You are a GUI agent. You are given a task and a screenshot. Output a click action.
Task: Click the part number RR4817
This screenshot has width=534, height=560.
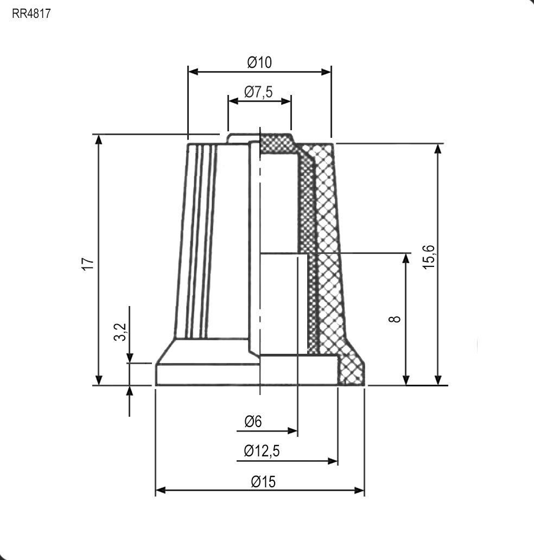[31, 14]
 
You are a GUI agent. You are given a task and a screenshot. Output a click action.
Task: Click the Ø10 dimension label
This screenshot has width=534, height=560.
[260, 62]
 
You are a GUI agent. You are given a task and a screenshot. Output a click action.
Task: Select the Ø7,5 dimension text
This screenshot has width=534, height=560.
[258, 92]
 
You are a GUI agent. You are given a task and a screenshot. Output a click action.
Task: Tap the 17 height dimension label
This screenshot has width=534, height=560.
[88, 264]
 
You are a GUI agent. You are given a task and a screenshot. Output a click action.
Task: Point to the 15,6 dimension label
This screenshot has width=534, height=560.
[428, 257]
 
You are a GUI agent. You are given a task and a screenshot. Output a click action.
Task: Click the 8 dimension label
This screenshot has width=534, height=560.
[395, 319]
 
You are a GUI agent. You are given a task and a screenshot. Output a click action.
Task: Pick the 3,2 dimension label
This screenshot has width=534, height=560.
[120, 332]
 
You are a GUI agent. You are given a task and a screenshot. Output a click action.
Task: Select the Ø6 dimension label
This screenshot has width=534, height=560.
[253, 422]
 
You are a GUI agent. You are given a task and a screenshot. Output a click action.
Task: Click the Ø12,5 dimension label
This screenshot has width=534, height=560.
[262, 451]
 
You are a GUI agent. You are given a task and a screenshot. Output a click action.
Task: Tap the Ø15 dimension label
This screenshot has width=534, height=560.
[263, 482]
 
